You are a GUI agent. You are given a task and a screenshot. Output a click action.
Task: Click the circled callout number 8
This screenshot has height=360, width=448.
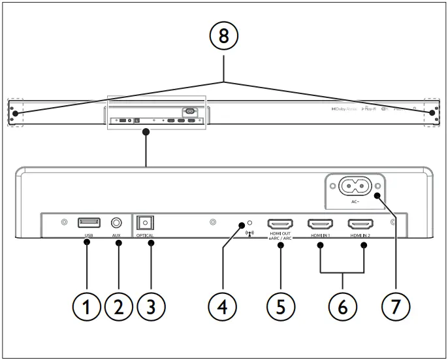[x=225, y=37]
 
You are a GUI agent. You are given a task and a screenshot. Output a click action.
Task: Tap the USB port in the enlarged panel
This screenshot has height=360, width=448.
[x=88, y=223]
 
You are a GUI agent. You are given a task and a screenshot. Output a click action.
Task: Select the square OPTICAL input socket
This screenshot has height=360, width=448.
[x=144, y=223]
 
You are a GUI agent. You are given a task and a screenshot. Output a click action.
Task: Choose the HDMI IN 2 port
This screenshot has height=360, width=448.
[x=360, y=223]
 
